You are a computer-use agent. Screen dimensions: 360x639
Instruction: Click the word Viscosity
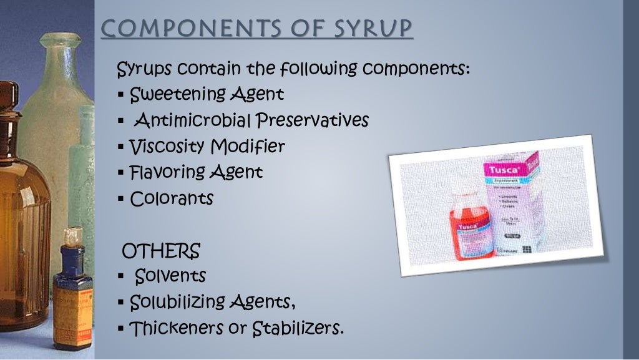click(167, 147)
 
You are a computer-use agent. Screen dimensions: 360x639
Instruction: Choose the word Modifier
click(248, 147)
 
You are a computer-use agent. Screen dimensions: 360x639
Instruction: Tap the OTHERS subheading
click(161, 251)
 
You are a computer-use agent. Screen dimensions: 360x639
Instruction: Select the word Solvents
click(170, 275)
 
